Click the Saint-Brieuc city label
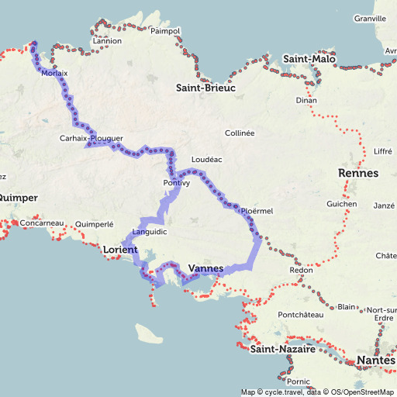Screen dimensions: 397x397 pos(205,88)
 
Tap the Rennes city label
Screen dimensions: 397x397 pos(358,173)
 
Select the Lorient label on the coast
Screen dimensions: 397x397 pos(119,250)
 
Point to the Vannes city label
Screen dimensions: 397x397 pos(205,269)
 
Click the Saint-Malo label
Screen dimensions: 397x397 pos(309,59)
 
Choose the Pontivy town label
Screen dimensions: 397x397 pos(177,183)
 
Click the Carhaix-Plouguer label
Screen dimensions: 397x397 pos(91,139)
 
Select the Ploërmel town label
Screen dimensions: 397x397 pos(257,210)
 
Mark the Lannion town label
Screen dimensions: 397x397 pos(107,41)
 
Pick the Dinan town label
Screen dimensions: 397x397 pos(307,101)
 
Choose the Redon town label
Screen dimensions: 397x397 pos(301,270)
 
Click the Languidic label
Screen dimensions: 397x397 pos(149,232)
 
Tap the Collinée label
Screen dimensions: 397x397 pos(240,133)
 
